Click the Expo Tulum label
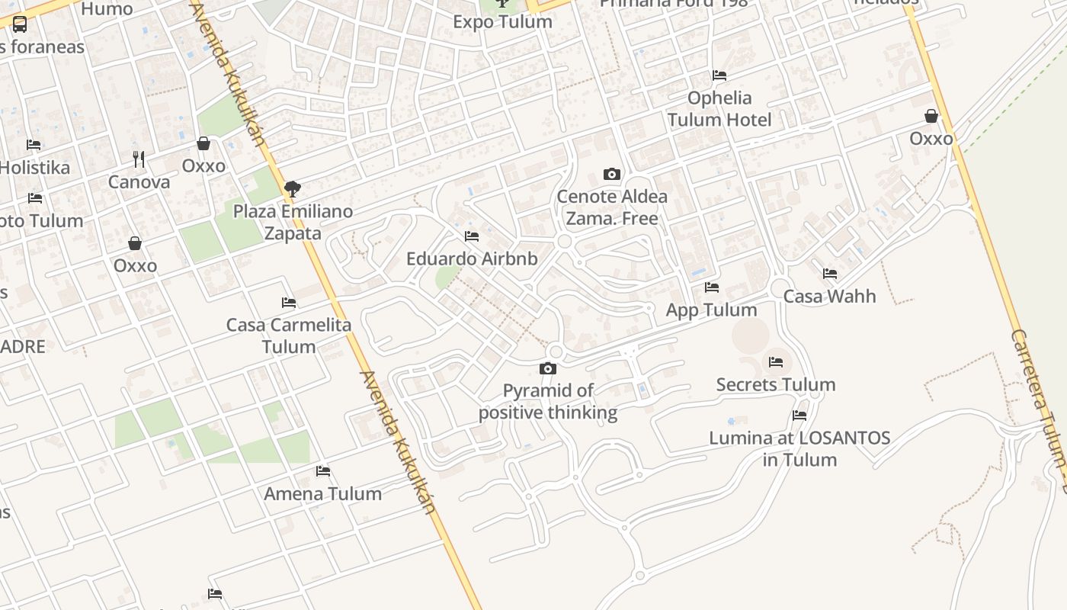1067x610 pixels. coord(502,21)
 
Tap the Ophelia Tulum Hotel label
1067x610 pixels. coord(719,108)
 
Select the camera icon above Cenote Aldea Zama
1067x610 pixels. coord(611,175)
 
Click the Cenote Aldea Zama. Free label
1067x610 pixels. coord(612,207)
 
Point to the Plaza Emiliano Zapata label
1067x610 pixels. coord(293,222)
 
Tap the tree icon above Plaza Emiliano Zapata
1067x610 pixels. coord(292,189)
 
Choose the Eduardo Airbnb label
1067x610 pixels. coord(472,258)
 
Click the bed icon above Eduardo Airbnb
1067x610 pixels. coord(472,236)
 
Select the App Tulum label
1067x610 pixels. coord(711,310)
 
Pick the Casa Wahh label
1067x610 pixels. coord(829,296)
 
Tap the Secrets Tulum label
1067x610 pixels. coord(775,384)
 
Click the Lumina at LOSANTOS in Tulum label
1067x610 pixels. coord(799,448)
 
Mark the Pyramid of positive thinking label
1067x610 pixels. coord(548,402)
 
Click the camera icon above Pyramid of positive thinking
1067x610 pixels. coord(547,369)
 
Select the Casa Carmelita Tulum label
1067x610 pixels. coord(289,335)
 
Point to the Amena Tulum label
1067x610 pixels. coord(322,493)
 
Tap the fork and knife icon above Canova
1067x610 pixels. coord(139,159)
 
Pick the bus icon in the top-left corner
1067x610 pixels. coord(20,24)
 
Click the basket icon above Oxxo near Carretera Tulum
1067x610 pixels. coord(931,117)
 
